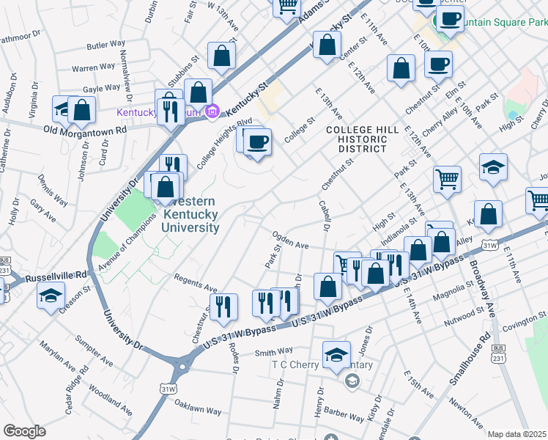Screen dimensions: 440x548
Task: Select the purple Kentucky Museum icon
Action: [212, 112]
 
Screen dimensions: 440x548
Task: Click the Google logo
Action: [25, 431]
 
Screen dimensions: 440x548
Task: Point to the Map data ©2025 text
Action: [517, 434]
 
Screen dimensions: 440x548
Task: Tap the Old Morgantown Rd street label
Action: [85, 130]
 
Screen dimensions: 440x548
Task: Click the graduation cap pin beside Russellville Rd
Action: [51, 296]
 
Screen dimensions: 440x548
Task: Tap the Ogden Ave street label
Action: [290, 240]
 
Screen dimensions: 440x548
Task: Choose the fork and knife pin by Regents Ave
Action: [223, 305]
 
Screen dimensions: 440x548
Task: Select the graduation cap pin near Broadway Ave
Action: [494, 166]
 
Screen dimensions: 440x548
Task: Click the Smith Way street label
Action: [274, 352]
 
